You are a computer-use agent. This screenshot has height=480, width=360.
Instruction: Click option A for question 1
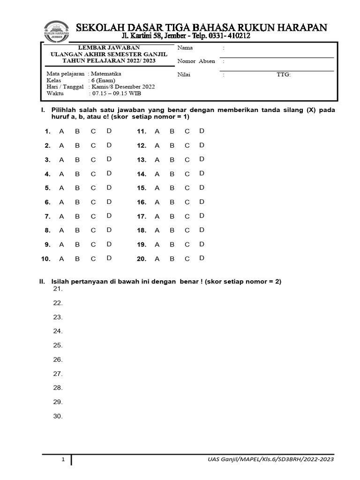(x=61, y=132)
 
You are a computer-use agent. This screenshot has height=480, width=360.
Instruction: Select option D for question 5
(x=109, y=187)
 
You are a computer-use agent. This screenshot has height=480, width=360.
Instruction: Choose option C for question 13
(x=187, y=160)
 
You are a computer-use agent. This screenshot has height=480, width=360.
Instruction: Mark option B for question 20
(x=172, y=259)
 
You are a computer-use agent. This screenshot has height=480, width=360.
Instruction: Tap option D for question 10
(x=109, y=258)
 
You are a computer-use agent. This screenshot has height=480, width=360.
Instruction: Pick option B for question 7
(x=77, y=217)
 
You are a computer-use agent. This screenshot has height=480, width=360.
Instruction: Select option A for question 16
(x=157, y=202)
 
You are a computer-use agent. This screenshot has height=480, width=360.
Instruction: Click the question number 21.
(x=58, y=289)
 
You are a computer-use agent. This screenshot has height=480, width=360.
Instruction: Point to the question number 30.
(x=58, y=416)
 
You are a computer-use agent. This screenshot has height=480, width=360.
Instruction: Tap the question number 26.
(x=58, y=360)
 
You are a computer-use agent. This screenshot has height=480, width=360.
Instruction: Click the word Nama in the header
(x=185, y=48)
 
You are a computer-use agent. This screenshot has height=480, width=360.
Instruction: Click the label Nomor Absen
(x=196, y=61)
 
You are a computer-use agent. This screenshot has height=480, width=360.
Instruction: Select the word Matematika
(x=106, y=74)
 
